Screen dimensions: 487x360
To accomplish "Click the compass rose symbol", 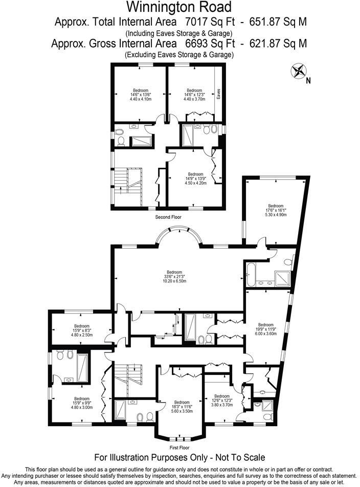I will pyautogui.click(x=298, y=71).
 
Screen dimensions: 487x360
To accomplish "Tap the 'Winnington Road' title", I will pyautogui.click(x=179, y=7).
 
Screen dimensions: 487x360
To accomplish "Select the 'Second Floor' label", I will pyautogui.click(x=168, y=217).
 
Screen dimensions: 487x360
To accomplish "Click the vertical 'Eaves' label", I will pyautogui.click(x=218, y=95).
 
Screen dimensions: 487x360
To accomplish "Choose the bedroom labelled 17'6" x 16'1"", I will pyautogui.click(x=276, y=210).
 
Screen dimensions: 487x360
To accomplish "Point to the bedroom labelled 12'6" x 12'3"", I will pyautogui.click(x=222, y=400).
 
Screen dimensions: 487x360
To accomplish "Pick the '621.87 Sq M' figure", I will pyautogui.click(x=279, y=43).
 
